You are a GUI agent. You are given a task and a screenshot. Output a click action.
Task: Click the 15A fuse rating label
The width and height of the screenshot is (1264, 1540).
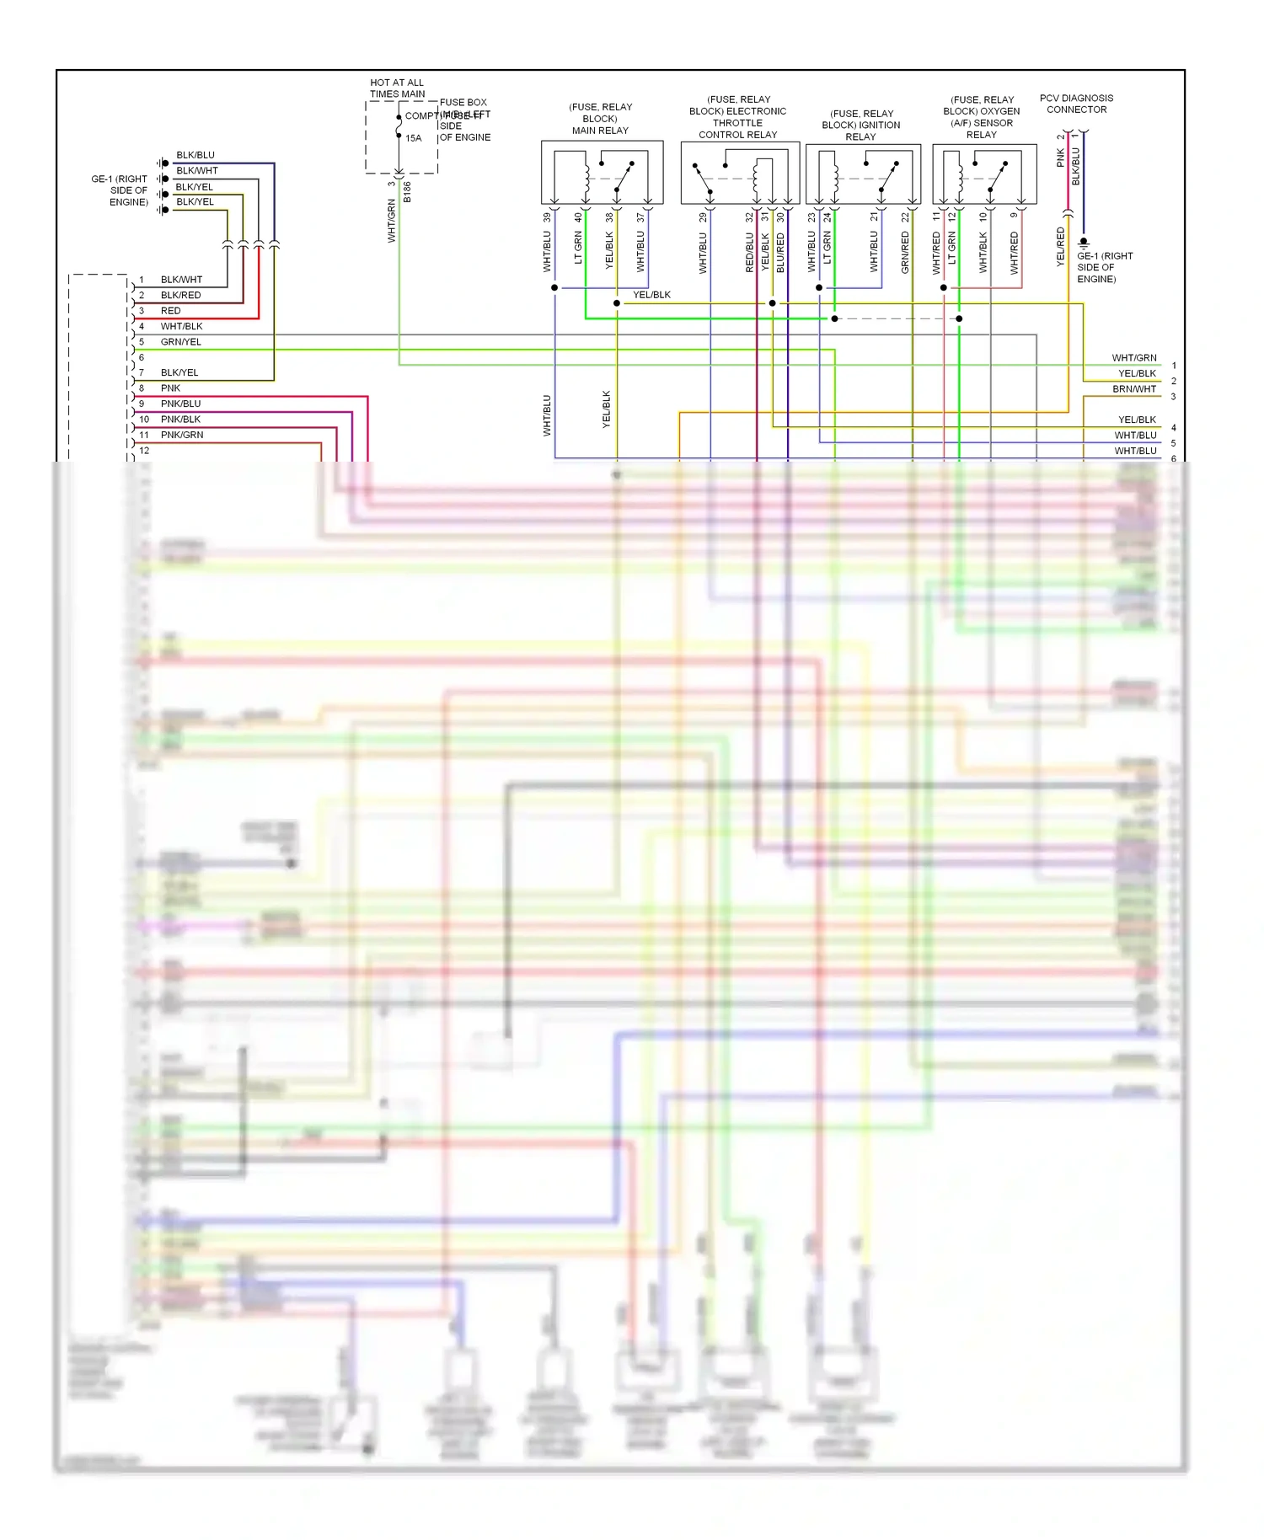pos(413,138)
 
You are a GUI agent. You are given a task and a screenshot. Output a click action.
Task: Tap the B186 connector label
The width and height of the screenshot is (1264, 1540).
pos(407,192)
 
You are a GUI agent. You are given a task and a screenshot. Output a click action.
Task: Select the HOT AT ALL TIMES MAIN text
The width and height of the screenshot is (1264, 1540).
pos(397,88)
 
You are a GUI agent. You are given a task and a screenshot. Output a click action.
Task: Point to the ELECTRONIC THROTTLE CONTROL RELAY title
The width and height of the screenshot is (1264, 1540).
pos(738,117)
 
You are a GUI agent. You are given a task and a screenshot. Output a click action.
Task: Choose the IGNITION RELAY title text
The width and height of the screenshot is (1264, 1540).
pos(860,125)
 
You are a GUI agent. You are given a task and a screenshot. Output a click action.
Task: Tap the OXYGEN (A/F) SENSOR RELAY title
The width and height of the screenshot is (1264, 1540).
pos(982,117)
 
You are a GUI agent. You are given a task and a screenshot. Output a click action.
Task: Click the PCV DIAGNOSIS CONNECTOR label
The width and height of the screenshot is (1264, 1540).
pos(1076,104)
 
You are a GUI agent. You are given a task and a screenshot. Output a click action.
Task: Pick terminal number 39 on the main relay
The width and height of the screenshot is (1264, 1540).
pos(547,217)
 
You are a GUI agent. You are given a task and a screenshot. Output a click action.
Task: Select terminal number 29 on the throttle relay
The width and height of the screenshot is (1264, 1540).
pos(703,217)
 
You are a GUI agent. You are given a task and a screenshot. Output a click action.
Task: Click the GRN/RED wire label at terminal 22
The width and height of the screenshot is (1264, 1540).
pos(905,253)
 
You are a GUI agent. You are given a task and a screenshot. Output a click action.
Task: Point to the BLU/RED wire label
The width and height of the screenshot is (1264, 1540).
pos(780,253)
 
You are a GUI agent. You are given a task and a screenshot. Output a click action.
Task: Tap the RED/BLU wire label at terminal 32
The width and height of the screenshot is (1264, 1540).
pos(749,253)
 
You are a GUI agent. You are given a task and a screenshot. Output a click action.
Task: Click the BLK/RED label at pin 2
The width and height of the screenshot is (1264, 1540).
pos(180,295)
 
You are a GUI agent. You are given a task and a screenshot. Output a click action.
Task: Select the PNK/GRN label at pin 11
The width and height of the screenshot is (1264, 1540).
pos(182,435)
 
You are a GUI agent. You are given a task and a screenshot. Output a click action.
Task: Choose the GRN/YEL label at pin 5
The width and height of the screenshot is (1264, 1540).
pos(180,342)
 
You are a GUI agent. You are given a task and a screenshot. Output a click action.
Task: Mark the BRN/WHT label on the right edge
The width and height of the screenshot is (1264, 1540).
pos(1134,389)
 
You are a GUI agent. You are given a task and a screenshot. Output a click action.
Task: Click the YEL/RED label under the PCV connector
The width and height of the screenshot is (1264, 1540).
pos(1060,247)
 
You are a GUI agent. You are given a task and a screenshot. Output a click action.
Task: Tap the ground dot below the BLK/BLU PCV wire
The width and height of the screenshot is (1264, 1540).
pos(1084,243)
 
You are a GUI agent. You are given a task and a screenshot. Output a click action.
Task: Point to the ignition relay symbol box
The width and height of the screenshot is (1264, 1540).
pos(863,174)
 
